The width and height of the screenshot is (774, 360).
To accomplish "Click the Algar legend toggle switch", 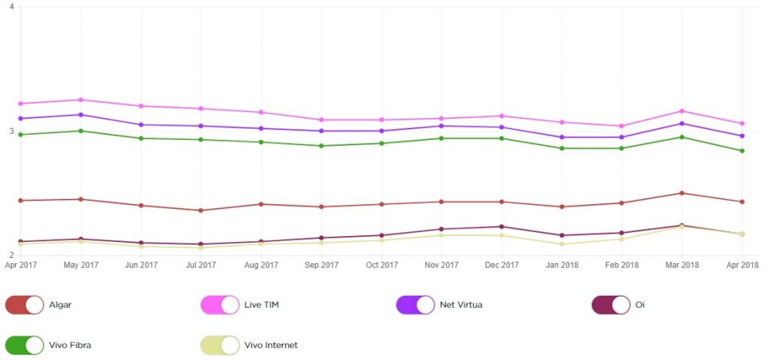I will [x=24, y=305].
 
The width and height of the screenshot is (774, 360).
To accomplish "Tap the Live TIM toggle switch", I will [x=220, y=305].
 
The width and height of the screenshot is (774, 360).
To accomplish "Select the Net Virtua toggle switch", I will [x=415, y=305].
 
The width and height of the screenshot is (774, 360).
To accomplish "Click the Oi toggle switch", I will [x=611, y=305].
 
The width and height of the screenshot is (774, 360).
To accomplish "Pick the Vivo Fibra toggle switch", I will [x=24, y=345].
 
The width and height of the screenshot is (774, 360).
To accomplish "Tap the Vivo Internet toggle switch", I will [x=220, y=345].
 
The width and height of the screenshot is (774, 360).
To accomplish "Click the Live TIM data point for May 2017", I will [x=81, y=100].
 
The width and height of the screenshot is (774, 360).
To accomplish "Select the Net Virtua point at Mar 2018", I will [x=682, y=123].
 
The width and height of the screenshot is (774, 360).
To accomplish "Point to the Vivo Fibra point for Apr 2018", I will [x=742, y=151].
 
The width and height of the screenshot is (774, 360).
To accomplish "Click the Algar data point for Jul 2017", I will [x=201, y=210].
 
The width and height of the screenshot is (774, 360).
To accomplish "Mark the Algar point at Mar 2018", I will [x=682, y=193].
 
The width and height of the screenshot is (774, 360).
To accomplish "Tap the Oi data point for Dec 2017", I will [x=501, y=227].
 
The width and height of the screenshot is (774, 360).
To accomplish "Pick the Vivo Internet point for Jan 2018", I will [x=562, y=244].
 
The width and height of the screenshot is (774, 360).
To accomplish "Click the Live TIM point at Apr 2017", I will [x=20, y=104].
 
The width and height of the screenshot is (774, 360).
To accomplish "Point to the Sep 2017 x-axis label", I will [x=321, y=265].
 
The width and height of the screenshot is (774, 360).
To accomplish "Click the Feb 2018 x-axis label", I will [x=622, y=265].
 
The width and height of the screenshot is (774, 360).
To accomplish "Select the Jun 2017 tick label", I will [x=141, y=265].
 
